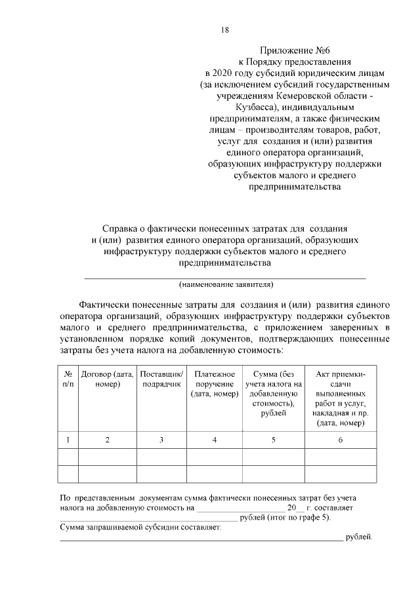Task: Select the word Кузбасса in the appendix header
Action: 253,107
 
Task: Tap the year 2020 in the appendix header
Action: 226,73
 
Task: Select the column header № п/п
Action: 68,379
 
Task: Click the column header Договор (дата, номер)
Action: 108,379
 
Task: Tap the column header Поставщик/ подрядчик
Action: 161,379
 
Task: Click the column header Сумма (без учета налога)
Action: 273,393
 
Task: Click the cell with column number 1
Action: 68,440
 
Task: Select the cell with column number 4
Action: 215,440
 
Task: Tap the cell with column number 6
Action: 341,440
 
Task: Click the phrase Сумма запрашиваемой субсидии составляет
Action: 141,527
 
